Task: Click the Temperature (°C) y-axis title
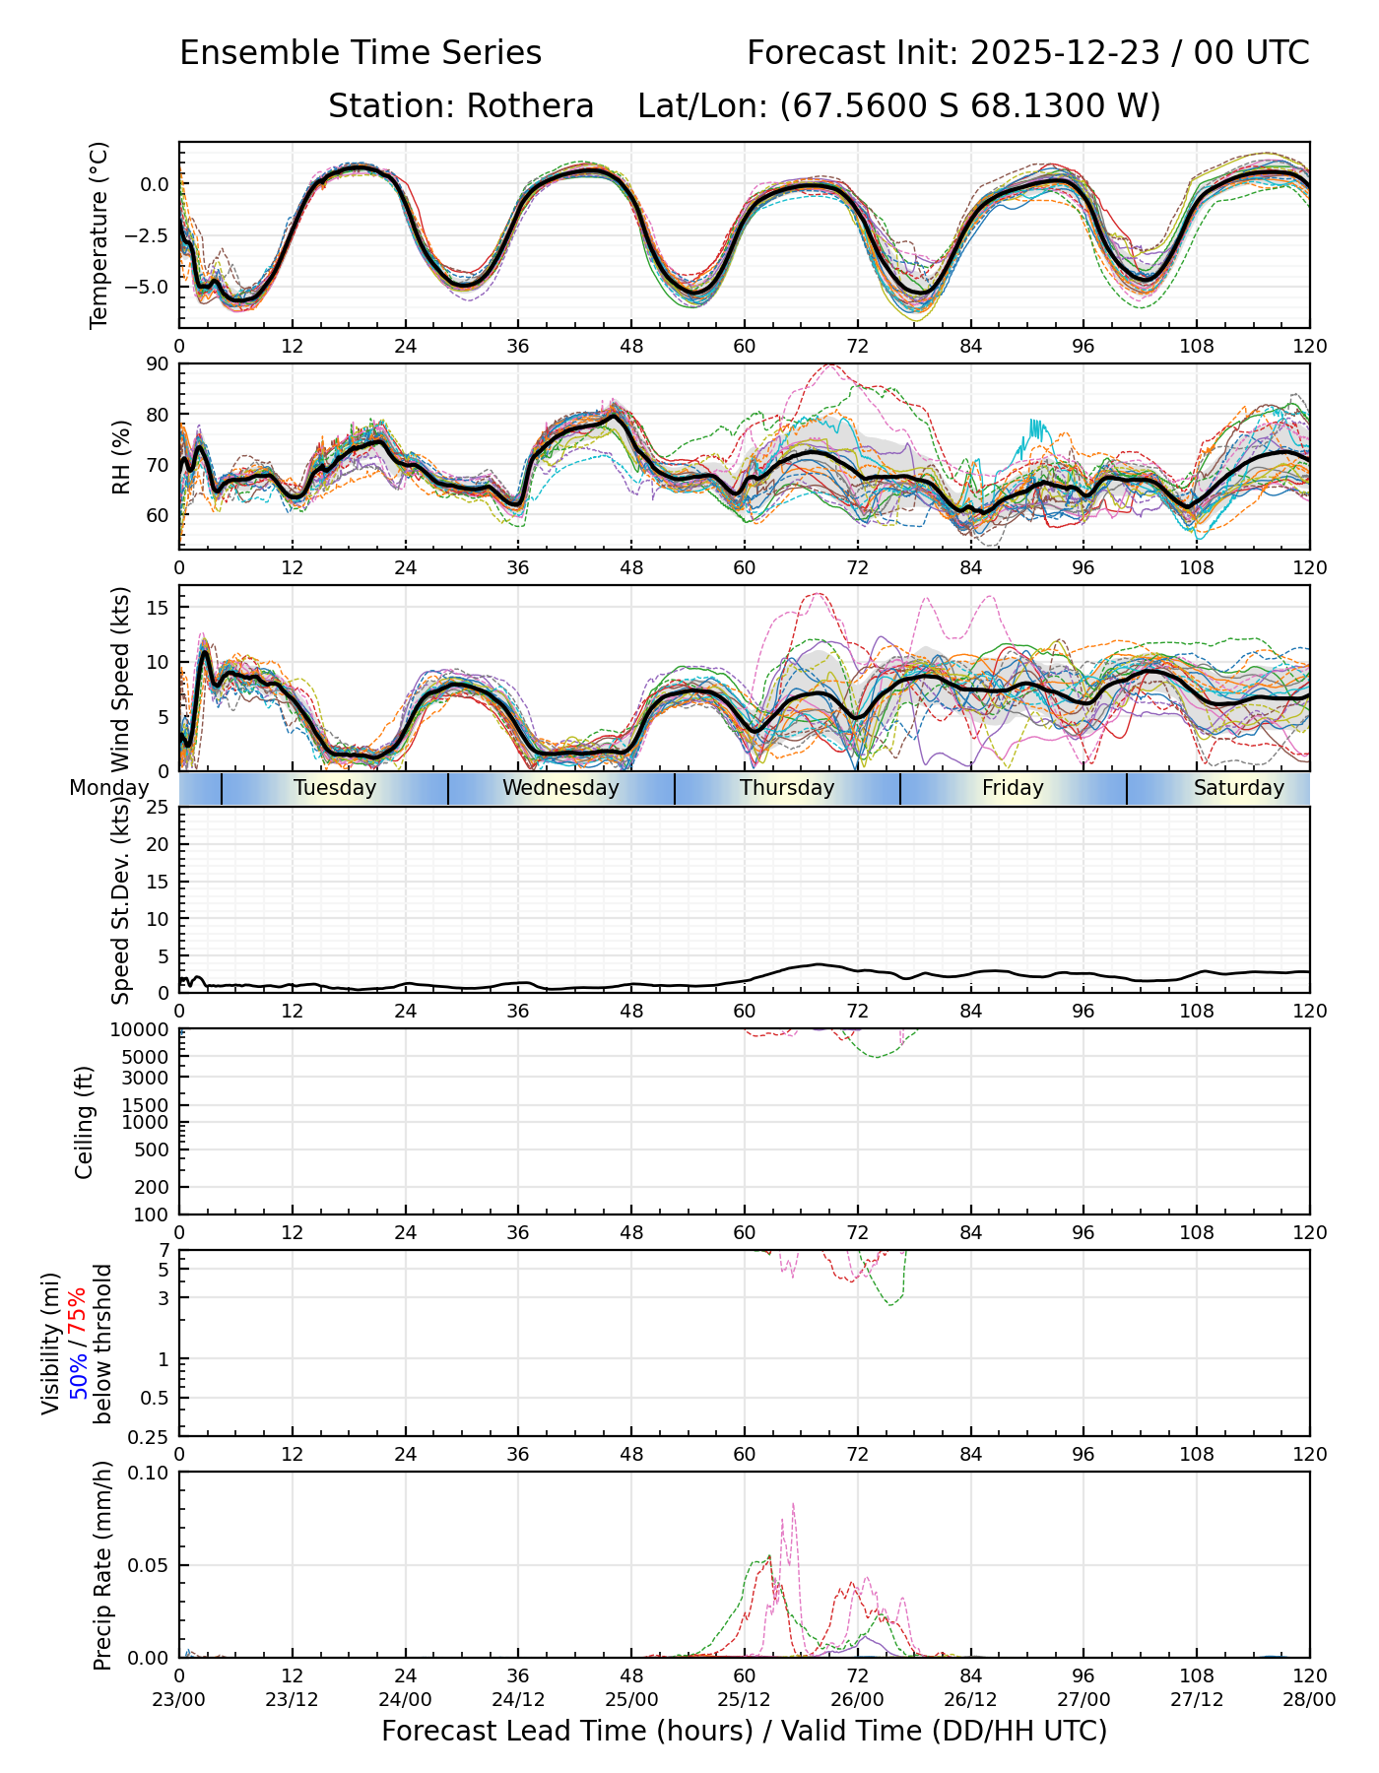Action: [x=98, y=234]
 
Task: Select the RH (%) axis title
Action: [x=122, y=456]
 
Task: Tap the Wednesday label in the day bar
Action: [x=560, y=788]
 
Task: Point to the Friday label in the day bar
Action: [x=1013, y=788]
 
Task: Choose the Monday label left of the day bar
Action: [x=108, y=788]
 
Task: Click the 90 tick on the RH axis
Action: [x=158, y=363]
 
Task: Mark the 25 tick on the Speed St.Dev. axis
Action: [x=158, y=807]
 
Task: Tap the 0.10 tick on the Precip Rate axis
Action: [x=151, y=1473]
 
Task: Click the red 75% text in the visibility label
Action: [x=78, y=1313]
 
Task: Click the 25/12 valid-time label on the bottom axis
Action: [x=744, y=1700]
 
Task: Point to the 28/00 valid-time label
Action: [x=1309, y=1700]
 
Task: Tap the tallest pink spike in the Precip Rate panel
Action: [x=793, y=1504]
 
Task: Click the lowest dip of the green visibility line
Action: [x=890, y=1305]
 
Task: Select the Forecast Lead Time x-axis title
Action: [x=744, y=1732]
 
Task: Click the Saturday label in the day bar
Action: [x=1238, y=788]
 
